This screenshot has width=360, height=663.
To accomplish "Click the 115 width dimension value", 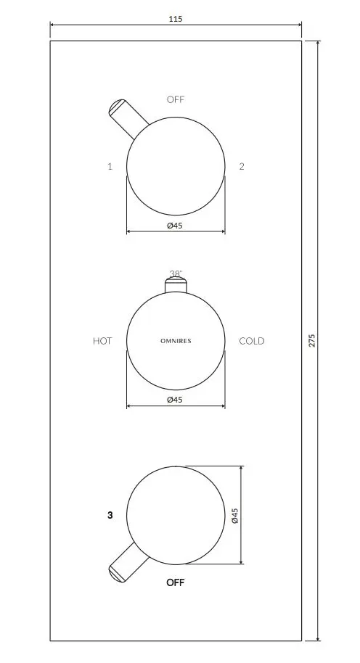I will pyautogui.click(x=175, y=20).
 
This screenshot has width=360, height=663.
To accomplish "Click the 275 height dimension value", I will pyautogui.click(x=311, y=340).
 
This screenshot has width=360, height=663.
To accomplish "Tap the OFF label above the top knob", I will pyautogui.click(x=176, y=100).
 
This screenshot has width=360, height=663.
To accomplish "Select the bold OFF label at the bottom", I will pyautogui.click(x=176, y=582).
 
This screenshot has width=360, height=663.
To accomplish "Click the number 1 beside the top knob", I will pyautogui.click(x=110, y=166).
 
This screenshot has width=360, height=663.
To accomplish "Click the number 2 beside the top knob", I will pyautogui.click(x=242, y=166).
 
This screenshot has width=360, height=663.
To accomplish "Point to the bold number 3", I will pyautogui.click(x=110, y=515).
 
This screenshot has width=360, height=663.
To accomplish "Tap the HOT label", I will pyautogui.click(x=102, y=341).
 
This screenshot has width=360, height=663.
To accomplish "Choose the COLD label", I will pyautogui.click(x=252, y=341).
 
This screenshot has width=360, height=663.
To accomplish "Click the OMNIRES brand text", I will pyautogui.click(x=176, y=341).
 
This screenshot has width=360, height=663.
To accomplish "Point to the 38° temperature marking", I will pyautogui.click(x=176, y=274).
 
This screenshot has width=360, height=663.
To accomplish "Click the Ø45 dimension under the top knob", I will pyautogui.click(x=175, y=226).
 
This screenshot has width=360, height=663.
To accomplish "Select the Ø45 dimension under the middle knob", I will pyautogui.click(x=175, y=400).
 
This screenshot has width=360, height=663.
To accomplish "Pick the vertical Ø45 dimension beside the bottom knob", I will pyautogui.click(x=234, y=516).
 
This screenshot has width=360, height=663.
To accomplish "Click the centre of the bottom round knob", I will pyautogui.click(x=176, y=515).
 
